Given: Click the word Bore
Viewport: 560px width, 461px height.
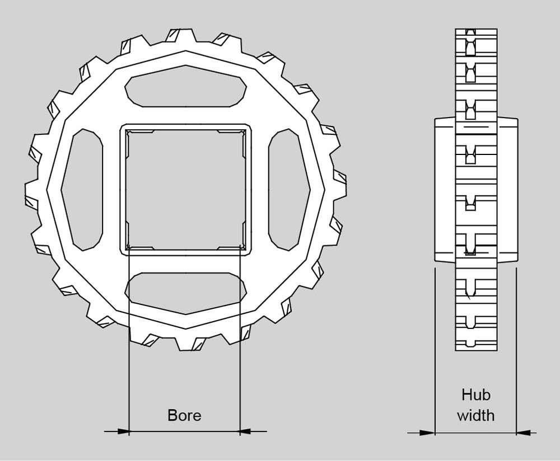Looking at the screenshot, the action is click(x=184, y=415).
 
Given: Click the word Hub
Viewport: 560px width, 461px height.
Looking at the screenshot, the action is click(x=475, y=395).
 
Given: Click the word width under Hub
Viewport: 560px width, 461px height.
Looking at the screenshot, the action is click(x=475, y=416).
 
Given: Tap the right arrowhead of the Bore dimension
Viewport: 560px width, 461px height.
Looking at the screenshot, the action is click(x=246, y=431).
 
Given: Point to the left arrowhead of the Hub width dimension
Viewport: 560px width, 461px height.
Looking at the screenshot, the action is click(x=428, y=433).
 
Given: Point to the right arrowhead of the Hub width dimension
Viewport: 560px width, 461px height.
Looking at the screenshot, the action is click(x=523, y=433).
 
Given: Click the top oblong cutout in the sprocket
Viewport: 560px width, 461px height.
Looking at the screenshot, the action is click(x=186, y=86).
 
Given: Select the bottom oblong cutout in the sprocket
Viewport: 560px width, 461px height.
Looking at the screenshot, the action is click(x=186, y=294).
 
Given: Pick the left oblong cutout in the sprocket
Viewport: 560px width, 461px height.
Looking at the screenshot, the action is click(x=82, y=190).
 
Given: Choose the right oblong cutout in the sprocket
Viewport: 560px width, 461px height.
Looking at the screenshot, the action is click(x=290, y=190).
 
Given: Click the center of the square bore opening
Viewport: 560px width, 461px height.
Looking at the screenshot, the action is click(x=186, y=190).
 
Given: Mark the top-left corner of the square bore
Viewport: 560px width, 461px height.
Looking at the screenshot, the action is click(x=127, y=130).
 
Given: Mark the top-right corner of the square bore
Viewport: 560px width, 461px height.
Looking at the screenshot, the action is click(x=245, y=130).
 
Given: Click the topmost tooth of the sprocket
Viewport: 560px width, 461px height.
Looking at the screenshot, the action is click(x=181, y=35).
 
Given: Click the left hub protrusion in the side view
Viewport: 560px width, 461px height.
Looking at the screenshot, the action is click(x=445, y=190).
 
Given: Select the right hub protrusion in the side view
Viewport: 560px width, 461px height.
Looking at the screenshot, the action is click(x=507, y=190).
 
